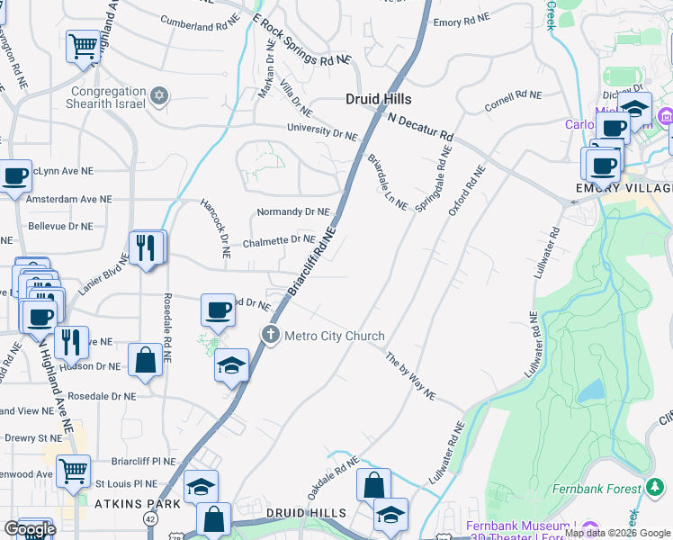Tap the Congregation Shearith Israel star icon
click(159, 95)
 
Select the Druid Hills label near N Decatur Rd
click(379, 99)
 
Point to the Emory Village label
click(624, 188)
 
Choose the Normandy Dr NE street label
click(293, 212)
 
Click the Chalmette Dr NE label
click(279, 240)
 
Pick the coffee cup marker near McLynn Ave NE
click(14, 176)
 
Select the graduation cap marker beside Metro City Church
click(232, 365)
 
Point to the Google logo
click(30, 529)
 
